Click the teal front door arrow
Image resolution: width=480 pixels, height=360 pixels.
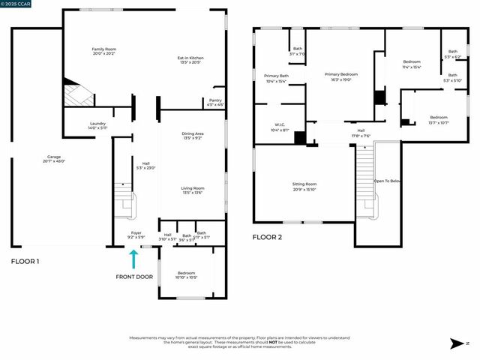click(134, 259)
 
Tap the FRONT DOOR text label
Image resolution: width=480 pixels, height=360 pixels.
click(134, 277)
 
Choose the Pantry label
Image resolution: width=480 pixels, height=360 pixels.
click(215, 101)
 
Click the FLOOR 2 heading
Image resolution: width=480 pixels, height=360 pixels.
click(267, 237)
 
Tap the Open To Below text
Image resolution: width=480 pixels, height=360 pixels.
click(387, 181)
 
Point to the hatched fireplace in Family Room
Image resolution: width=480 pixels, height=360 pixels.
click(75, 94)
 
